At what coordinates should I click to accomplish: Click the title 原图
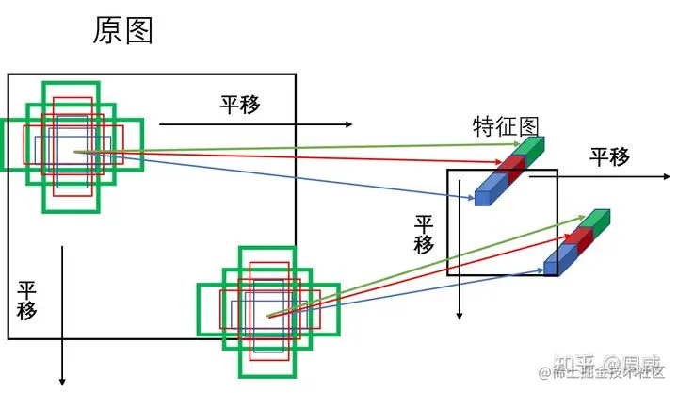pyautogui.click(x=122, y=30)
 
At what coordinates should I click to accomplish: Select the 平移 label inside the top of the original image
pyautogui.click(x=240, y=104)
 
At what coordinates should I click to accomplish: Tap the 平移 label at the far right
pyautogui.click(x=610, y=156)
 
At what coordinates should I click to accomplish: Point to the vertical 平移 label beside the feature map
pyautogui.click(x=425, y=234)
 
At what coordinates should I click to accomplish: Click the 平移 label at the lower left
pyautogui.click(x=26, y=300)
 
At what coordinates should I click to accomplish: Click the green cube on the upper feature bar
pyautogui.click(x=531, y=150)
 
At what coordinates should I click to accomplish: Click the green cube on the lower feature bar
pyautogui.click(x=596, y=221)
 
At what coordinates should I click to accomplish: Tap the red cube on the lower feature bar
pyautogui.click(x=576, y=239)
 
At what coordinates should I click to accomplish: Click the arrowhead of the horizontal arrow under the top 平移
pyautogui.click(x=349, y=124)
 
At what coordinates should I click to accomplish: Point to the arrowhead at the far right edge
pyautogui.click(x=666, y=176)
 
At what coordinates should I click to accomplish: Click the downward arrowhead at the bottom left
pyautogui.click(x=62, y=380)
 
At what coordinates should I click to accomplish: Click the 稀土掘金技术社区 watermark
pyautogui.click(x=603, y=373)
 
